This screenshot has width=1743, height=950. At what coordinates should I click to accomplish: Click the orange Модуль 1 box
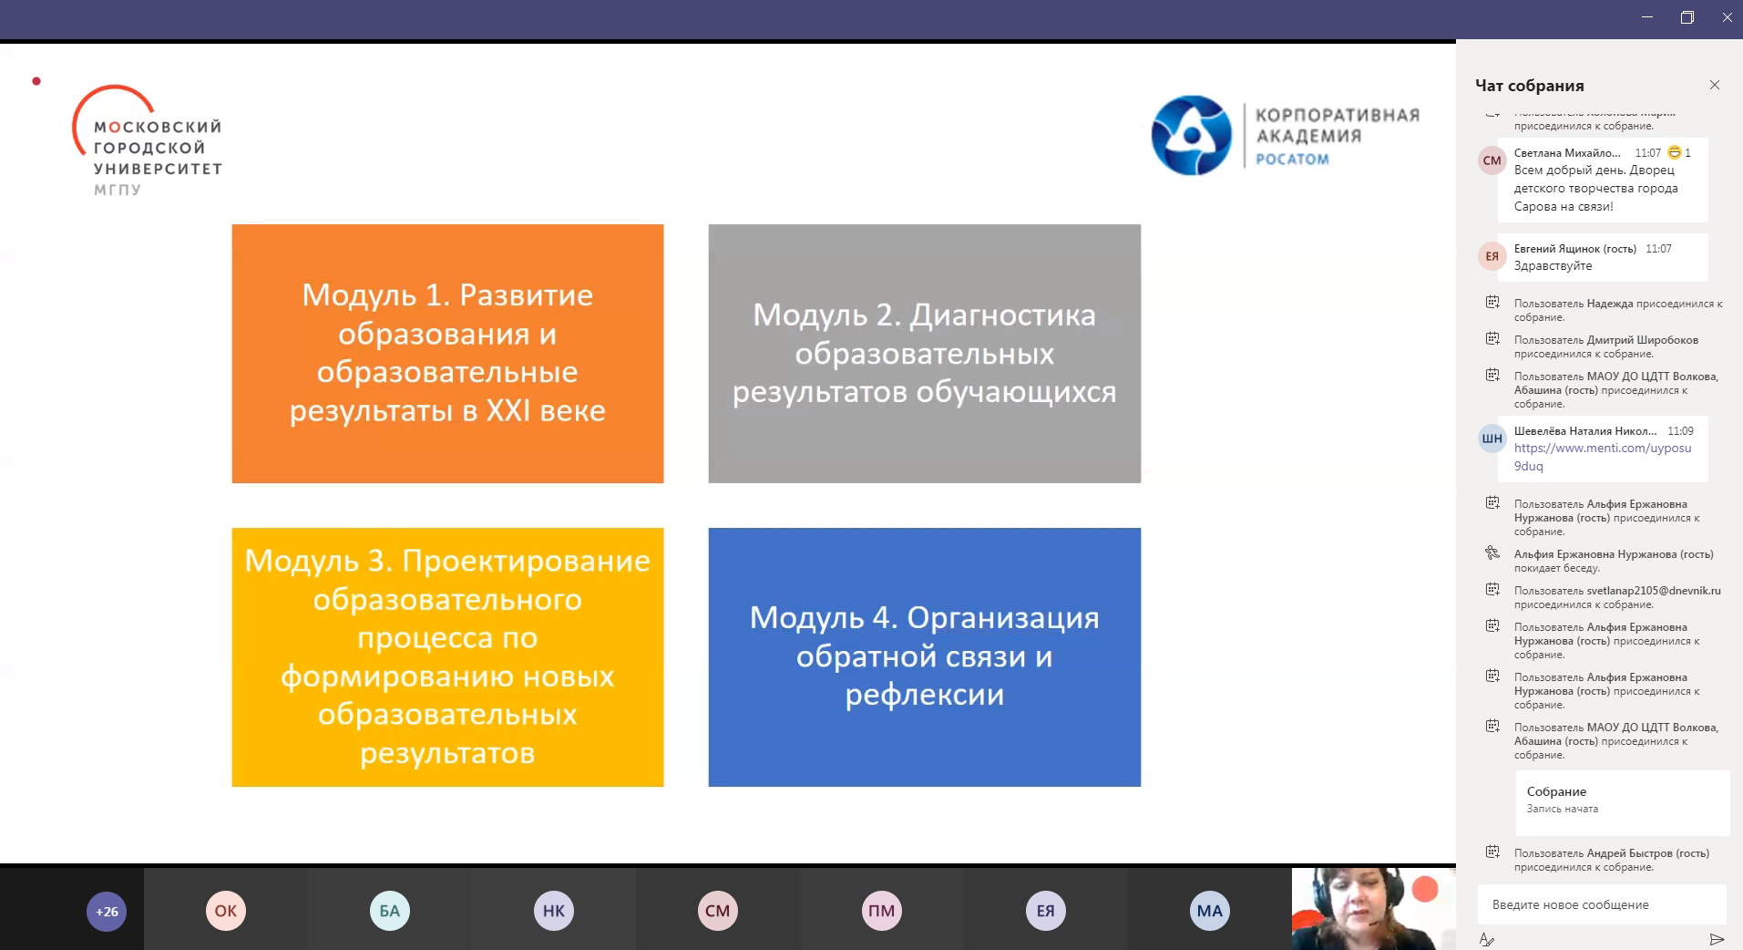[x=447, y=354]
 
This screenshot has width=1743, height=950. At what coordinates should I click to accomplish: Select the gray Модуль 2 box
[x=924, y=354]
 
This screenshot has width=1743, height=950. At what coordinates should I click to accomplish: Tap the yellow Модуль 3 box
[x=447, y=656]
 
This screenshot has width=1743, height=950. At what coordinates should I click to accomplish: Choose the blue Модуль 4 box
[x=924, y=656]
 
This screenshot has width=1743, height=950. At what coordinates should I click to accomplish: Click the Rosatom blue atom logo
[x=1192, y=136]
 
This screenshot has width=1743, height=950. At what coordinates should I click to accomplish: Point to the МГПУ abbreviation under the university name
[x=118, y=191]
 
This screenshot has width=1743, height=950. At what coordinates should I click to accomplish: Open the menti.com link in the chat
[x=1602, y=457]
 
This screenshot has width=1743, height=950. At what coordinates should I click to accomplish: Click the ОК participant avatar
[x=226, y=911]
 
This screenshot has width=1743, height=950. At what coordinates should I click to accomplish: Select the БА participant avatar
[x=390, y=911]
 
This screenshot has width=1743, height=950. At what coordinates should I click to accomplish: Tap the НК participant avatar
[x=554, y=911]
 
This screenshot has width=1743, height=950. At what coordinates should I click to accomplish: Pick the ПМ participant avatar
[x=882, y=911]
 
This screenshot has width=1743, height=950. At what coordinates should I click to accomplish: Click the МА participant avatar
[x=1210, y=911]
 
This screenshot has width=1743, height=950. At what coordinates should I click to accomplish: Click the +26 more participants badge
[x=107, y=911]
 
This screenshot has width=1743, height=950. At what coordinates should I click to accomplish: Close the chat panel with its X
[x=1715, y=85]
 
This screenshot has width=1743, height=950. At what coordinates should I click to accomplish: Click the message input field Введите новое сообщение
[x=1602, y=904]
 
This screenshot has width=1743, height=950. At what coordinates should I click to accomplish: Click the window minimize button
[x=1646, y=17]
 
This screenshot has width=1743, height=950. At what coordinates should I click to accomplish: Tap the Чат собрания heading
[x=1530, y=86]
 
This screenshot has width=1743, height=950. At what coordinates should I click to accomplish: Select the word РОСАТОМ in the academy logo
[x=1292, y=160]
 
